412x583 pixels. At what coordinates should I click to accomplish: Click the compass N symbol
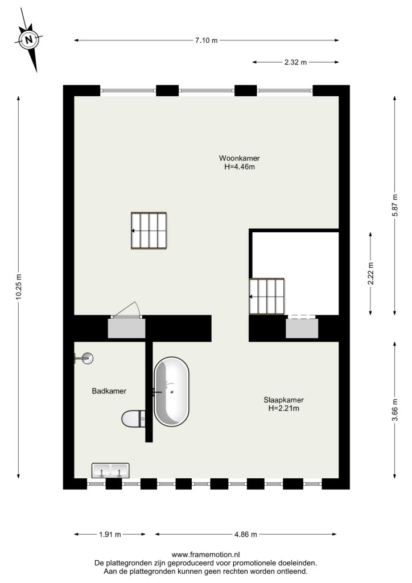coord(29,39)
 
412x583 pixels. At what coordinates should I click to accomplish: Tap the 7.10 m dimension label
coord(206,40)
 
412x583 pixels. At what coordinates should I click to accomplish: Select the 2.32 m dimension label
coord(296,63)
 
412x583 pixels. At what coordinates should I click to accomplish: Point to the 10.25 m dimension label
coord(19,287)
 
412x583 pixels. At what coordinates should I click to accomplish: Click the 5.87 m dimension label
coord(395,205)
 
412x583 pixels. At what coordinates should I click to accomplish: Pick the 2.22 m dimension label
coord(370,273)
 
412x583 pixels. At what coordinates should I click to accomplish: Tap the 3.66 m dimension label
coord(395,409)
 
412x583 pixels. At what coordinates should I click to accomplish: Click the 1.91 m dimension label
coord(110,535)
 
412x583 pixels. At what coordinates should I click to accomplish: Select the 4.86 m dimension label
coord(246,535)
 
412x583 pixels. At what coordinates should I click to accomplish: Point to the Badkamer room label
coord(109,391)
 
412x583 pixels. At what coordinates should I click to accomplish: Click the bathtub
coord(171,392)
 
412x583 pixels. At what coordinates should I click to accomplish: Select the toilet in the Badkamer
coord(133,419)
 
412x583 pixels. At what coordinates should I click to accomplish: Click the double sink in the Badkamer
coord(110,470)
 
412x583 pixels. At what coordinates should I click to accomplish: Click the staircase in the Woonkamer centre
coord(149,231)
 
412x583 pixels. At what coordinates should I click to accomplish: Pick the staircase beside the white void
coord(267,296)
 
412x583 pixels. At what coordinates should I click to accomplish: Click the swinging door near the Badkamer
coord(126,310)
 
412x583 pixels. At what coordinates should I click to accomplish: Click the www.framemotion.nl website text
coord(205,555)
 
